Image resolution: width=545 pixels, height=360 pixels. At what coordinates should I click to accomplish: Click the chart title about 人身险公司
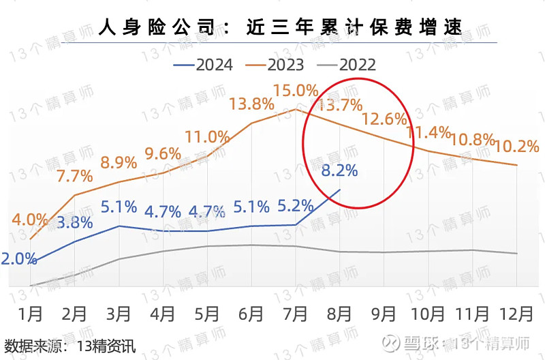coord(279,27)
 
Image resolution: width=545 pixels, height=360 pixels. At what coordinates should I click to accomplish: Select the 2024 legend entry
coord(204,65)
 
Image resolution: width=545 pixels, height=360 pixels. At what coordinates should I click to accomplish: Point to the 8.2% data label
coord(339,170)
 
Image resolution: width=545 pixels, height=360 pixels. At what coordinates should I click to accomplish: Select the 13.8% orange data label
coord(251,104)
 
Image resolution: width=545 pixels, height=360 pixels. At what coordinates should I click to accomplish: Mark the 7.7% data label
coord(74,176)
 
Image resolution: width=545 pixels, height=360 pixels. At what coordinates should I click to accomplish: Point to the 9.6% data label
coord(163,153)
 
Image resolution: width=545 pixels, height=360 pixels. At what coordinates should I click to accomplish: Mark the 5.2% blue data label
coord(296,205)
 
